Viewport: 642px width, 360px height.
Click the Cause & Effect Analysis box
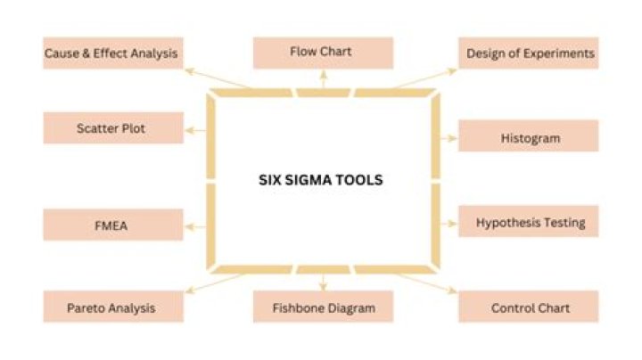pyautogui.click(x=111, y=53)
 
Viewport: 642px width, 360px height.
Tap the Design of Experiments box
pyautogui.click(x=530, y=53)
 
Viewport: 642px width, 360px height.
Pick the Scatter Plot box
pyautogui.click(x=111, y=128)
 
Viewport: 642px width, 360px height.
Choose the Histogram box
pyautogui.click(x=530, y=138)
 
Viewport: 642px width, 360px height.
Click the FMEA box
pyautogui.click(x=111, y=225)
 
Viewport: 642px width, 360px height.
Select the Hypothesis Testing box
pyautogui.click(x=530, y=222)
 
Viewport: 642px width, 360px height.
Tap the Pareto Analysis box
pyautogui.click(x=111, y=307)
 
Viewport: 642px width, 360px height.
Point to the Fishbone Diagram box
pyautogui.click(x=323, y=307)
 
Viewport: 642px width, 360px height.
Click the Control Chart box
pyautogui.click(x=530, y=308)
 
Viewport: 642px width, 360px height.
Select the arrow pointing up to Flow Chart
pyautogui.click(x=323, y=78)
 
